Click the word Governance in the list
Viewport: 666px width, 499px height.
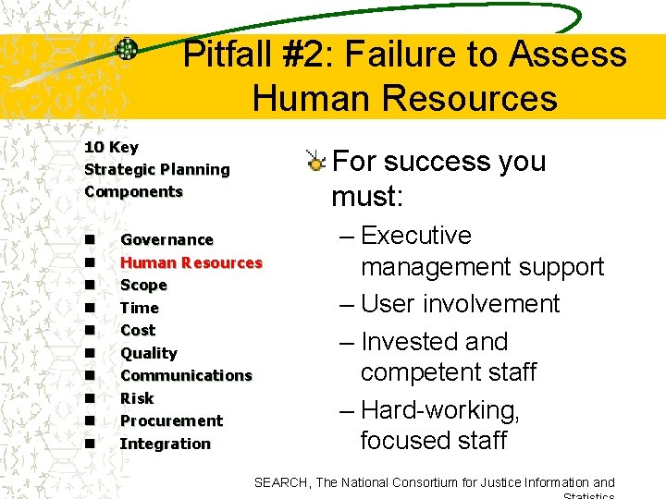tap(166, 240)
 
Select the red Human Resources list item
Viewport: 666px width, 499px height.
tap(191, 262)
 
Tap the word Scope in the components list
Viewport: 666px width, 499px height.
tap(143, 286)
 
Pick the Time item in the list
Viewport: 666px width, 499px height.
tap(140, 308)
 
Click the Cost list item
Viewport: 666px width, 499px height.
tap(138, 330)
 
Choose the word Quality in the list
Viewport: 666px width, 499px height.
tap(148, 353)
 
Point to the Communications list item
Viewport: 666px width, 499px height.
tap(186, 375)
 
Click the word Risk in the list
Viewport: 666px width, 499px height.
tap(137, 398)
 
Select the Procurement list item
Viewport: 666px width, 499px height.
tap(171, 420)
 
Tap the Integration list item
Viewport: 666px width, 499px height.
tap(165, 444)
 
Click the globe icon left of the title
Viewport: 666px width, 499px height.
tap(127, 50)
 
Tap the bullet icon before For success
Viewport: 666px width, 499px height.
tap(316, 163)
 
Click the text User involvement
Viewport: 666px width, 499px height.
tap(460, 304)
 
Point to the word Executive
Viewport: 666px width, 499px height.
tap(416, 236)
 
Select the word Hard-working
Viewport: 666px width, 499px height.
tap(440, 409)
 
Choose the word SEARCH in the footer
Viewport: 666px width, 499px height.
tap(282, 482)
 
